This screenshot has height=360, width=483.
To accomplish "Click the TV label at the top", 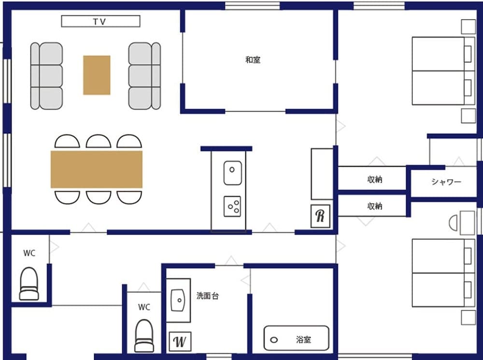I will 100,21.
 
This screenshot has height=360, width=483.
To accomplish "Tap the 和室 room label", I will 253,60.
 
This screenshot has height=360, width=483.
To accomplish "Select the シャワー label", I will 446,182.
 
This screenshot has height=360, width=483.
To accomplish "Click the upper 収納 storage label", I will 375,180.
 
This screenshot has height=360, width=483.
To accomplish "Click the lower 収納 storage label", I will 375,206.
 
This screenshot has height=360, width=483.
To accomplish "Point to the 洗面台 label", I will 207,296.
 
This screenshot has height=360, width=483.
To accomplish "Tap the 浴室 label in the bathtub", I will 303,340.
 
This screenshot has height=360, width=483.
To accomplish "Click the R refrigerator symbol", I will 320,216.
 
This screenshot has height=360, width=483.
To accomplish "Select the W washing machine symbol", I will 179,341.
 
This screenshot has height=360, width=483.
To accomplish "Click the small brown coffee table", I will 97,75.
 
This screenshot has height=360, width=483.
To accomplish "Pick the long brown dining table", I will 97,169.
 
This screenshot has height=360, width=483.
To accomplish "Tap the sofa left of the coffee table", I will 46,75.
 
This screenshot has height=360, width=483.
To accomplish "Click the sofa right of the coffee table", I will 144,75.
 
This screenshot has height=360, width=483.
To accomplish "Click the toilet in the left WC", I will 28,285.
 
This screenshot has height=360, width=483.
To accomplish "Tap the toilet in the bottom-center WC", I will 144,335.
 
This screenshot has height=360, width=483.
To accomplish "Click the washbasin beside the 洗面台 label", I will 178,301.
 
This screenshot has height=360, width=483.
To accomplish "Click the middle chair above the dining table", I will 99,141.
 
